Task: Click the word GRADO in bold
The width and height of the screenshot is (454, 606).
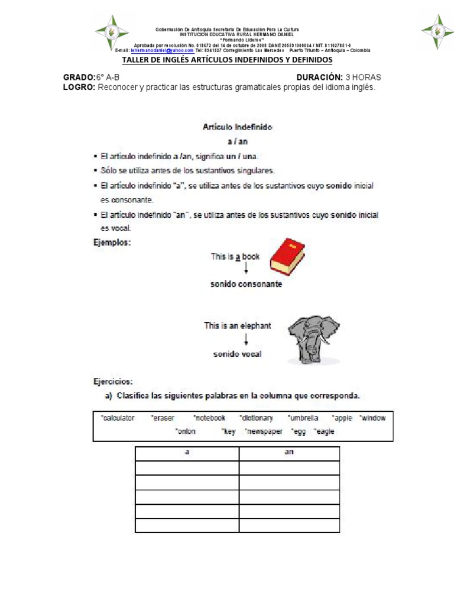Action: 78,78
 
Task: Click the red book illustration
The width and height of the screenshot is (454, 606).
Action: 287,257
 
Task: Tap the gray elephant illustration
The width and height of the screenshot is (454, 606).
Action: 313,339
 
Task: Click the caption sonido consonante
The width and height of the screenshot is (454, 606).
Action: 246,284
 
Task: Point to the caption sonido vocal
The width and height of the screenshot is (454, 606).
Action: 237,354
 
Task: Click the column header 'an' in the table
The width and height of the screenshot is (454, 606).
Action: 289,453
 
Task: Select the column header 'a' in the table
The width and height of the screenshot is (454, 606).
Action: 187,453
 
